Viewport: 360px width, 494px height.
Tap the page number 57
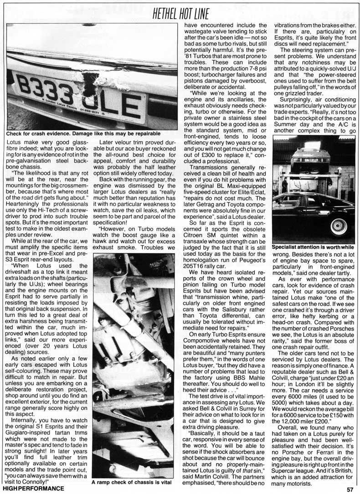(x=350, y=489)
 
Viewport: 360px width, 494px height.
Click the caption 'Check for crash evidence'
(x=83, y=134)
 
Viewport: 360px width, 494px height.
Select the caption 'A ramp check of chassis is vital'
(x=134, y=482)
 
